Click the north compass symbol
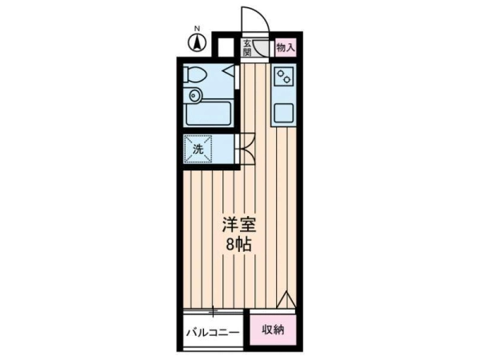197,42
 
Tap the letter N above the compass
198,29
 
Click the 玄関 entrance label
246,48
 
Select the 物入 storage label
286,48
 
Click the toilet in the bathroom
194,74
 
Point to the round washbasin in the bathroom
194,95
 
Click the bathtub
208,114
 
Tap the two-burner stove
284,77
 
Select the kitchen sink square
284,113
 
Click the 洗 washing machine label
198,150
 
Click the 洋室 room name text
239,225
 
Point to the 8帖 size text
238,245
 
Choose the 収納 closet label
273,330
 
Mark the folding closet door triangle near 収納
286,300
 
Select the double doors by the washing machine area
247,149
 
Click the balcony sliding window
213,312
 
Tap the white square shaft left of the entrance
226,47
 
